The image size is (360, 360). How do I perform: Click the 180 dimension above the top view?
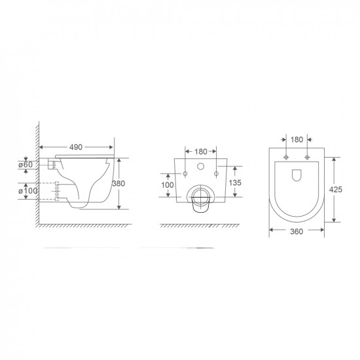297,139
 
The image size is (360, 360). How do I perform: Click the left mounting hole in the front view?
186,173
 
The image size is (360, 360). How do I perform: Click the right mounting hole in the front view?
215,173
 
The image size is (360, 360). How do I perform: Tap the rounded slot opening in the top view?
297,175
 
